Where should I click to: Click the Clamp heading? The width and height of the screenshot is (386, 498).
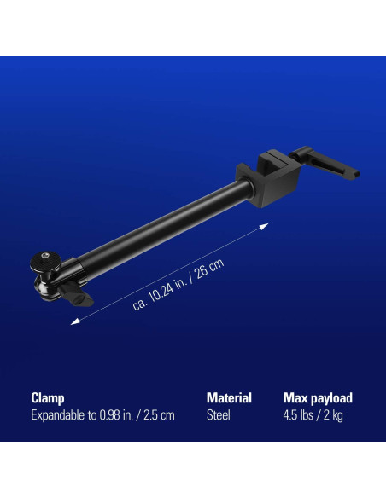tap(48, 398)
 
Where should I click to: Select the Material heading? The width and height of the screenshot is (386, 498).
tap(229, 398)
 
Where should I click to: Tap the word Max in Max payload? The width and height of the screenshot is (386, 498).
tap(295, 398)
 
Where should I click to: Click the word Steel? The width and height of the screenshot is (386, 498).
tap(219, 415)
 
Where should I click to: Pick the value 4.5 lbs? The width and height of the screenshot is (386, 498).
tap(300, 415)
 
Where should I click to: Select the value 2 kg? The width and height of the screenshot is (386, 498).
tap(333, 415)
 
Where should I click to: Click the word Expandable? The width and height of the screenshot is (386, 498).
tap(62, 415)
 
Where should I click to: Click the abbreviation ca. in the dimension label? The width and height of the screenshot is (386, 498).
tap(140, 303)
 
